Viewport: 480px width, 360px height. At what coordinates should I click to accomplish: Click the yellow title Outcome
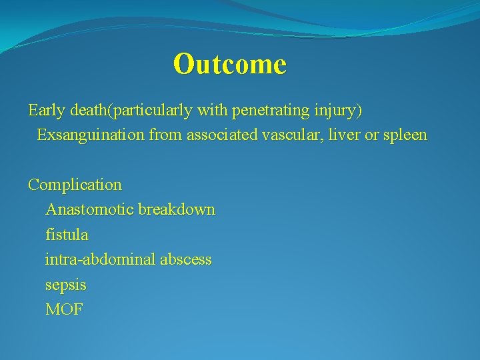pyautogui.click(x=229, y=64)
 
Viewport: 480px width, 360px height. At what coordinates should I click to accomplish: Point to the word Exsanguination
pyautogui.click(x=91, y=135)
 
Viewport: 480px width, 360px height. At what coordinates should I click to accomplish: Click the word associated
pyautogui.click(x=220, y=135)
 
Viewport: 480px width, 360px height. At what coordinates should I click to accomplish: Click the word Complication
pyautogui.click(x=75, y=185)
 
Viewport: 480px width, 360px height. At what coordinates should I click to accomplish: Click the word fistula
pyautogui.click(x=66, y=235)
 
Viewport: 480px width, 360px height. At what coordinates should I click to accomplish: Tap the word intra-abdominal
pyautogui.click(x=99, y=260)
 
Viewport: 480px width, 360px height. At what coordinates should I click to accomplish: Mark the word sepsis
pyautogui.click(x=65, y=285)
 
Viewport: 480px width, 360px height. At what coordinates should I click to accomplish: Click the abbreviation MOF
pyautogui.click(x=64, y=310)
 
